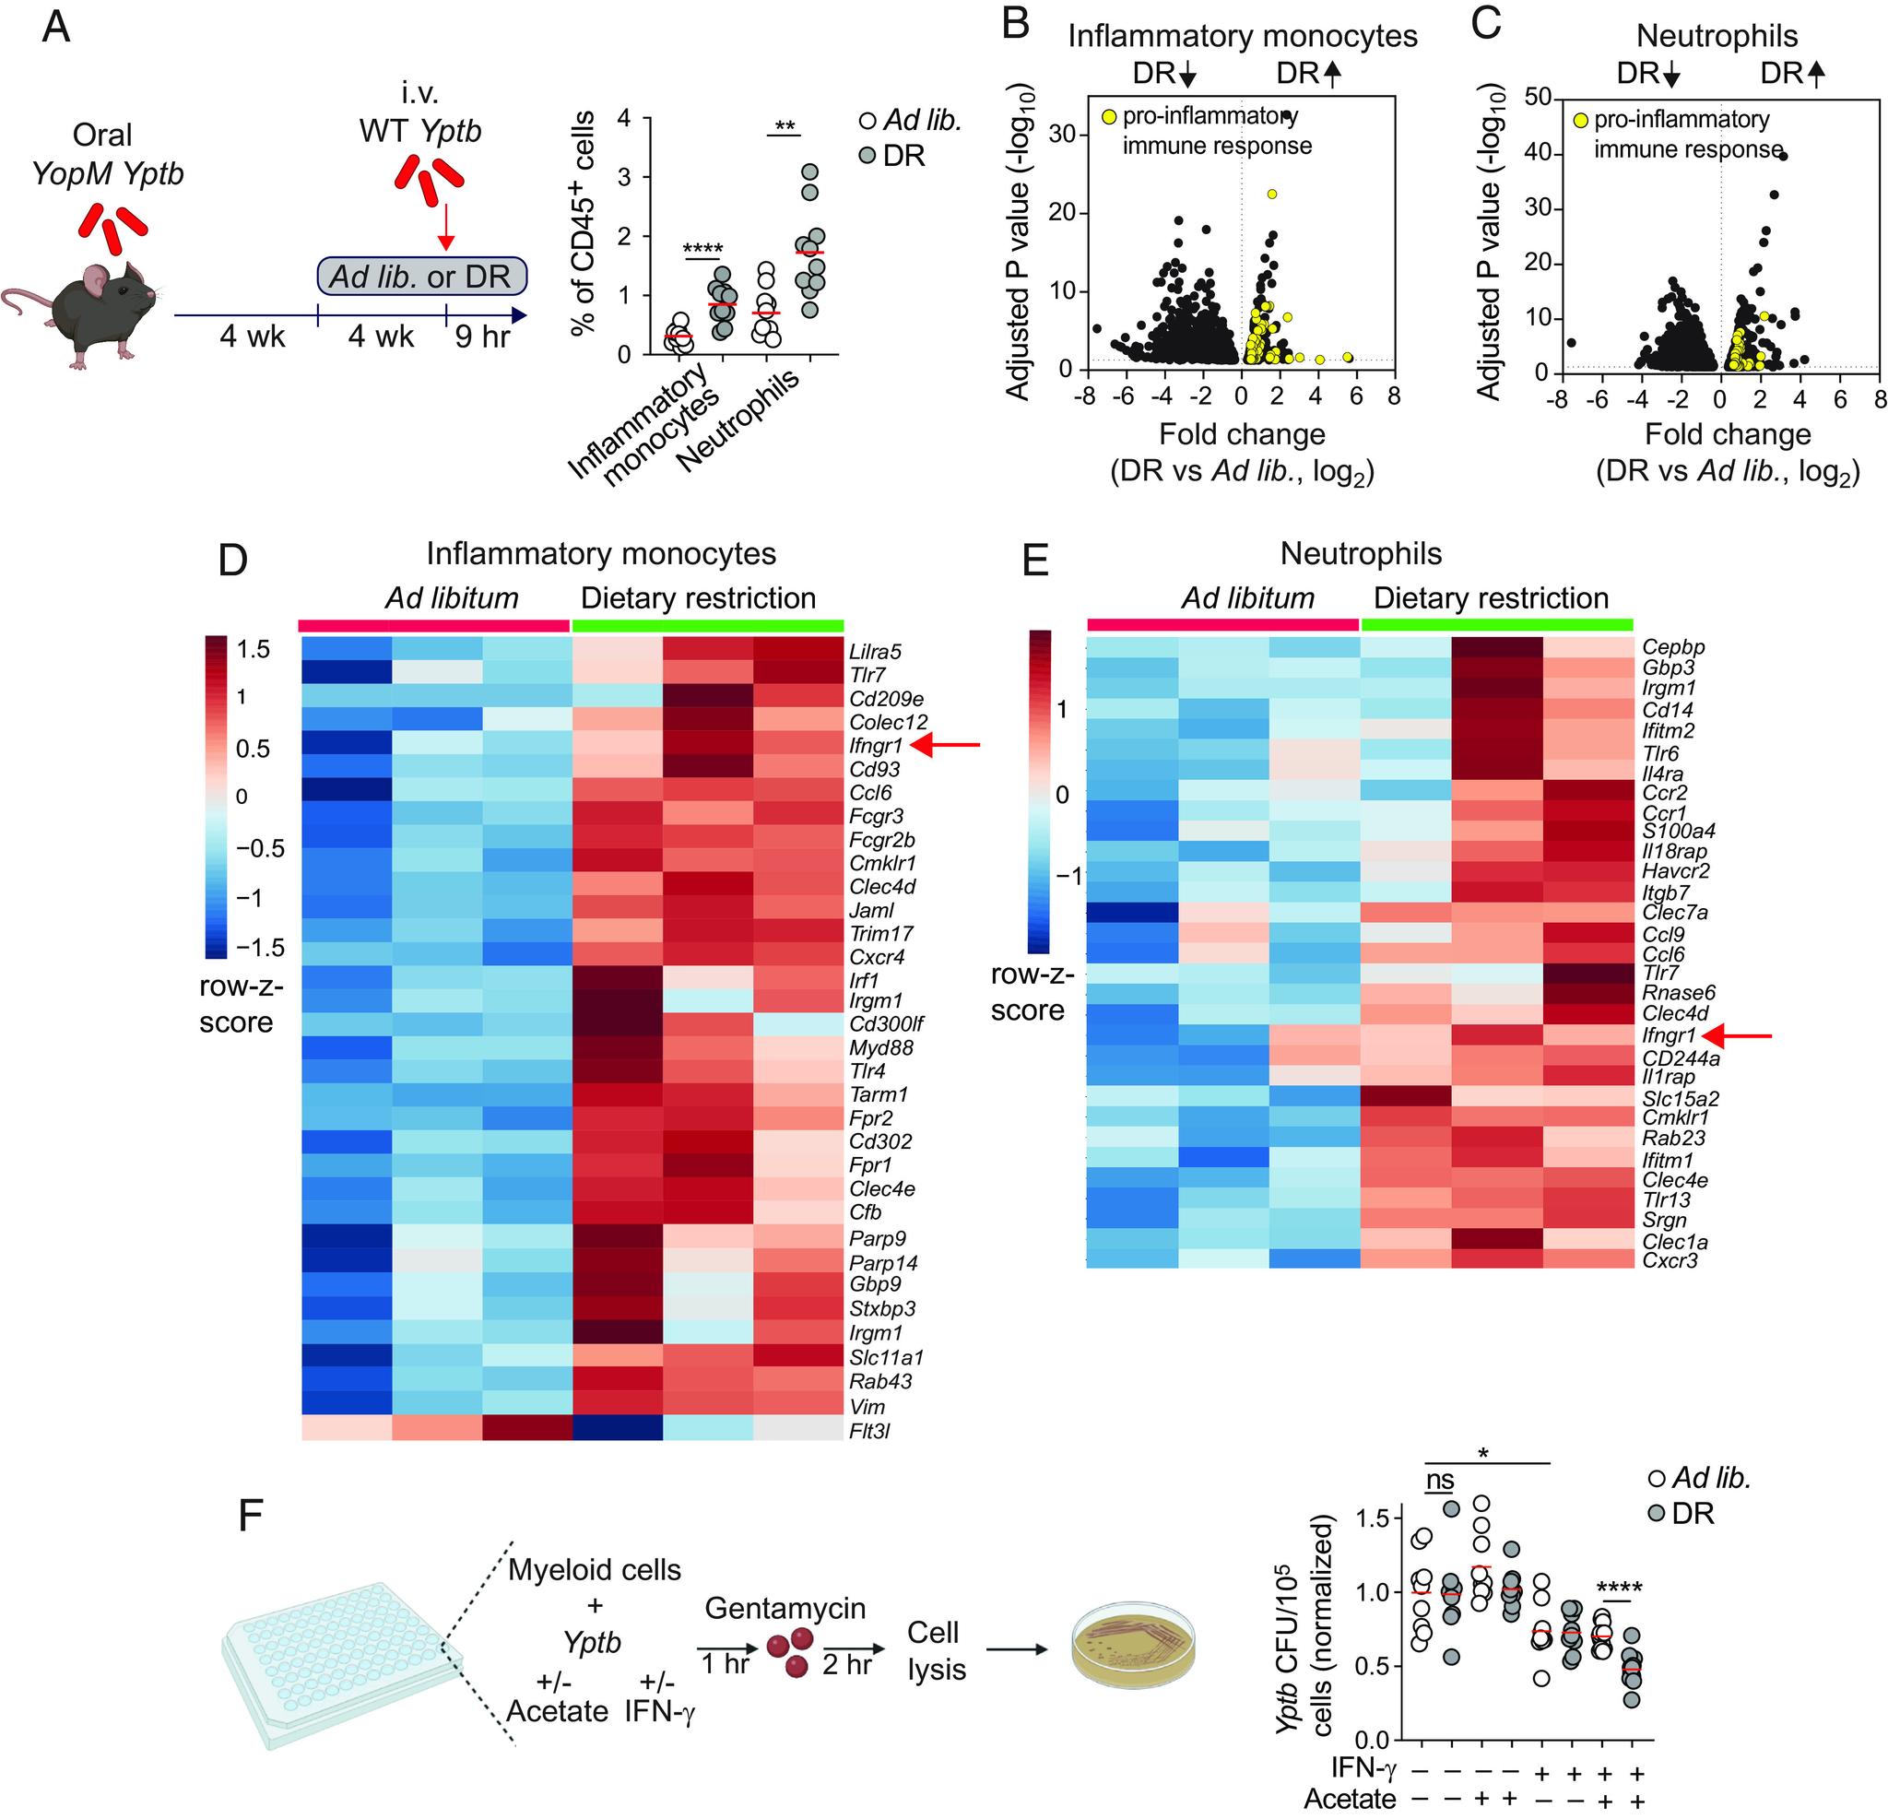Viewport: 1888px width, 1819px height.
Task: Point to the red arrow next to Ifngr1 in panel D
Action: [x=946, y=744]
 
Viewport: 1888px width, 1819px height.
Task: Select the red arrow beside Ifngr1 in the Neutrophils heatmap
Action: [x=1738, y=1035]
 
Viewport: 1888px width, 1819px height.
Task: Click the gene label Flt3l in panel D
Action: [x=868, y=1431]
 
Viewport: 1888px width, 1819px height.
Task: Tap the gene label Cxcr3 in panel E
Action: [x=1670, y=1260]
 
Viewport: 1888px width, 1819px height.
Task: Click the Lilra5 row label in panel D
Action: [x=875, y=652]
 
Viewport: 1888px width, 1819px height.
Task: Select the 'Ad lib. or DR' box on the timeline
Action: [x=422, y=277]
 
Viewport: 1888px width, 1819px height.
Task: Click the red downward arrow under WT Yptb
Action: [x=444, y=223]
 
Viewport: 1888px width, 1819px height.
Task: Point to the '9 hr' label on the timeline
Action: [x=482, y=337]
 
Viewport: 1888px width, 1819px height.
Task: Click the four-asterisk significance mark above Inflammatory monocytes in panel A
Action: [x=702, y=251]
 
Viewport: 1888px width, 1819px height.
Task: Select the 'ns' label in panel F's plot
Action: [x=1439, y=1481]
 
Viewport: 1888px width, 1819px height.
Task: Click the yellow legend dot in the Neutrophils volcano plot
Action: [x=1581, y=121]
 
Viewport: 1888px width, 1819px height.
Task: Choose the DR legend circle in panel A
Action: [x=867, y=155]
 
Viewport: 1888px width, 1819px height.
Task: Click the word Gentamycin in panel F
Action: [x=785, y=1608]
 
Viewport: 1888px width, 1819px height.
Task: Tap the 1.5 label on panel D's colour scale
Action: [x=254, y=649]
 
